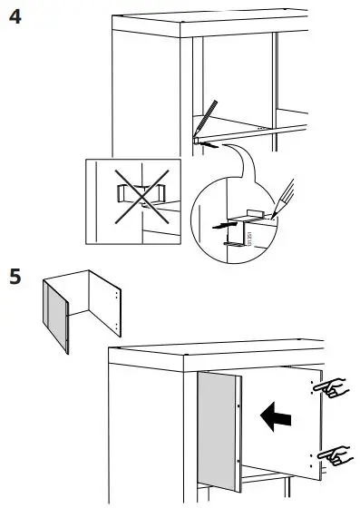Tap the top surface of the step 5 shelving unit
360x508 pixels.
pyautogui.click(x=218, y=354)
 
